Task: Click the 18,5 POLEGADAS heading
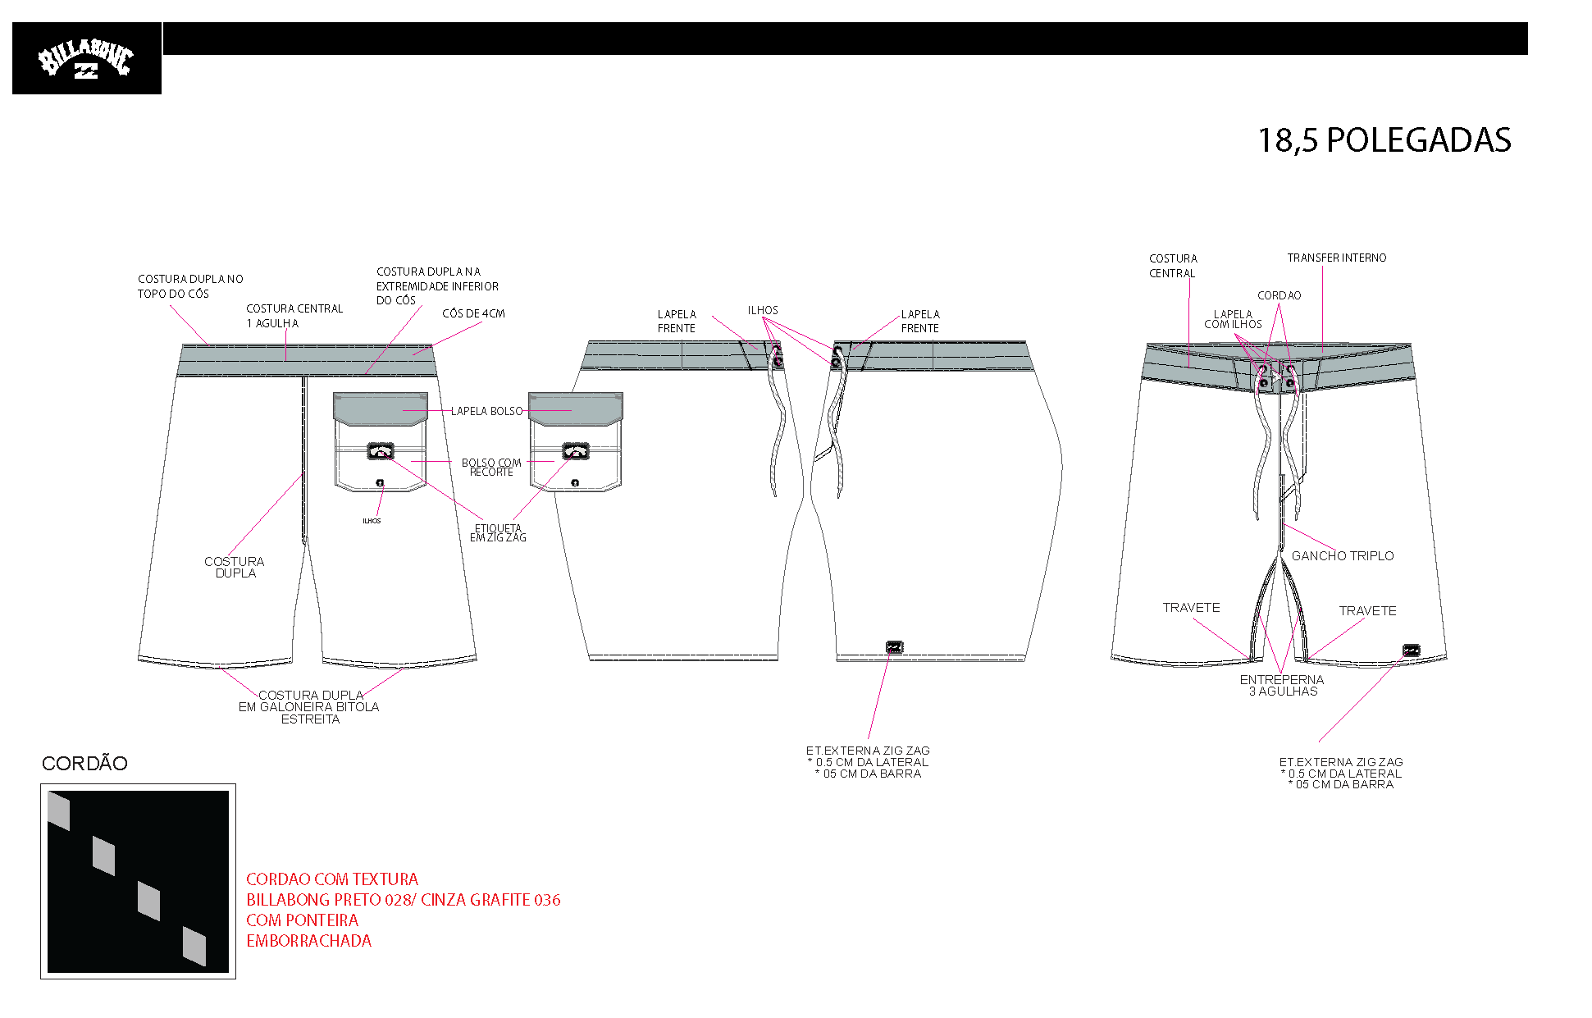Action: click(x=1384, y=140)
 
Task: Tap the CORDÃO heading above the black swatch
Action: click(x=84, y=764)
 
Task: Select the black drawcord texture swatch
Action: click(x=138, y=882)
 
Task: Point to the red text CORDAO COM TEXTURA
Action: click(x=332, y=879)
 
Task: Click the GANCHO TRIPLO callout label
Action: click(x=1343, y=556)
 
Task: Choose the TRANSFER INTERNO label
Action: click(x=1337, y=258)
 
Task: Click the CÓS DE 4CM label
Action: click(x=473, y=313)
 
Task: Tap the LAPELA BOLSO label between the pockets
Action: click(x=486, y=411)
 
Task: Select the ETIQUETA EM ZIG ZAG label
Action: click(x=498, y=533)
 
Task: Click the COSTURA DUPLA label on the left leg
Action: click(x=235, y=568)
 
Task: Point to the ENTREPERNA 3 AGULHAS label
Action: click(x=1282, y=686)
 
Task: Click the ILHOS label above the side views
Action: click(x=763, y=310)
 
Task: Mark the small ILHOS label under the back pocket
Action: click(x=372, y=521)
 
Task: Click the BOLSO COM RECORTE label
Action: click(x=491, y=468)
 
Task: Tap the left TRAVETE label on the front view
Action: click(x=1191, y=608)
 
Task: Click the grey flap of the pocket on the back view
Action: click(x=381, y=409)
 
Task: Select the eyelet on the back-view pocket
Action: click(x=380, y=483)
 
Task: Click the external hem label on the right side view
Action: click(x=895, y=647)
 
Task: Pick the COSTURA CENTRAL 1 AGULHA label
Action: click(x=294, y=316)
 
